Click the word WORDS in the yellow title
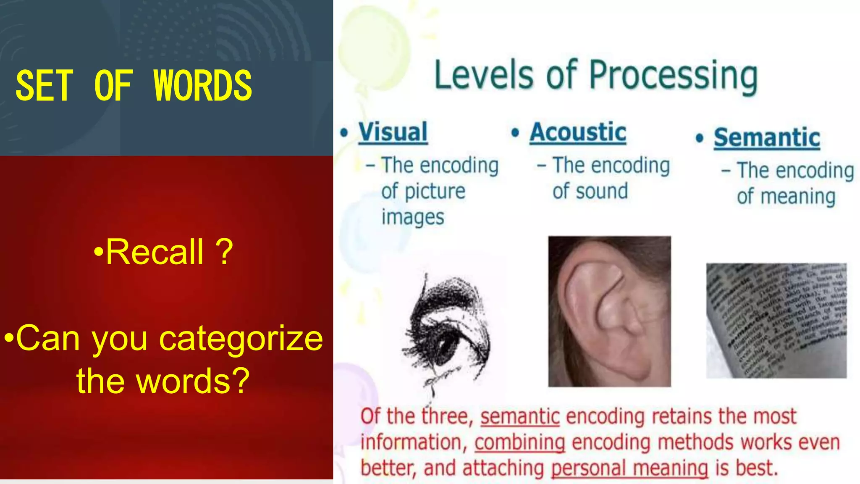[203, 86]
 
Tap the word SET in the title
[44, 86]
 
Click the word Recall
[155, 252]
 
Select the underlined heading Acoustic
[578, 132]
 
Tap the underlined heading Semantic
[767, 138]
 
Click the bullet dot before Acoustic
[515, 133]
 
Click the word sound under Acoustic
[602, 191]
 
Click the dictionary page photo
[776, 321]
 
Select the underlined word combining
[520, 442]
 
